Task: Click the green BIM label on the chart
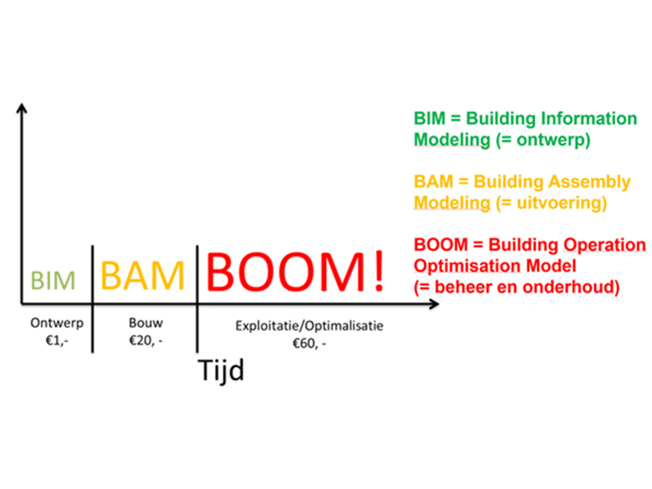[53, 280]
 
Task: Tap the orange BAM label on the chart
[142, 275]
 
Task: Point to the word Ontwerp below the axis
[57, 323]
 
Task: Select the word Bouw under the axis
[146, 323]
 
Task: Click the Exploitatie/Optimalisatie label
[309, 326]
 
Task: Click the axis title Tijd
[221, 371]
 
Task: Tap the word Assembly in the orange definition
[596, 181]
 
